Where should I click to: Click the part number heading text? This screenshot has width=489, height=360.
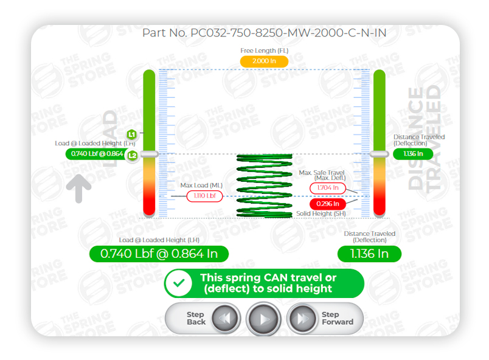[264, 32]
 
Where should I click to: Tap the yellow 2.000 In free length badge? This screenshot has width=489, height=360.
[264, 61]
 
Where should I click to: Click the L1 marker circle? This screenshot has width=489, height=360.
[132, 134]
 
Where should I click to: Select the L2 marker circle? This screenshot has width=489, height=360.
[132, 155]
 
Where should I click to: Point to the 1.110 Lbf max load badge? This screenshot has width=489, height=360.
[204, 196]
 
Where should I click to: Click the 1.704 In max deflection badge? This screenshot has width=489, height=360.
[328, 189]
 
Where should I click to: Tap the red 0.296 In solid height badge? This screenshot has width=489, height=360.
[328, 204]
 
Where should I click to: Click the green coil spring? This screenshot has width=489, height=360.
[264, 185]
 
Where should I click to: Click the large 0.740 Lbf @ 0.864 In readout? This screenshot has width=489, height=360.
[159, 254]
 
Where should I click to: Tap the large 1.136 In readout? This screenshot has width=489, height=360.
[369, 254]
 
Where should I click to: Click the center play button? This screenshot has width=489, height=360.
[263, 318]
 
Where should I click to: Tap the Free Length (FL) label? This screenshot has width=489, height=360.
[264, 50]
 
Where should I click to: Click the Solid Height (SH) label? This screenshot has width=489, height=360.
[321, 214]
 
